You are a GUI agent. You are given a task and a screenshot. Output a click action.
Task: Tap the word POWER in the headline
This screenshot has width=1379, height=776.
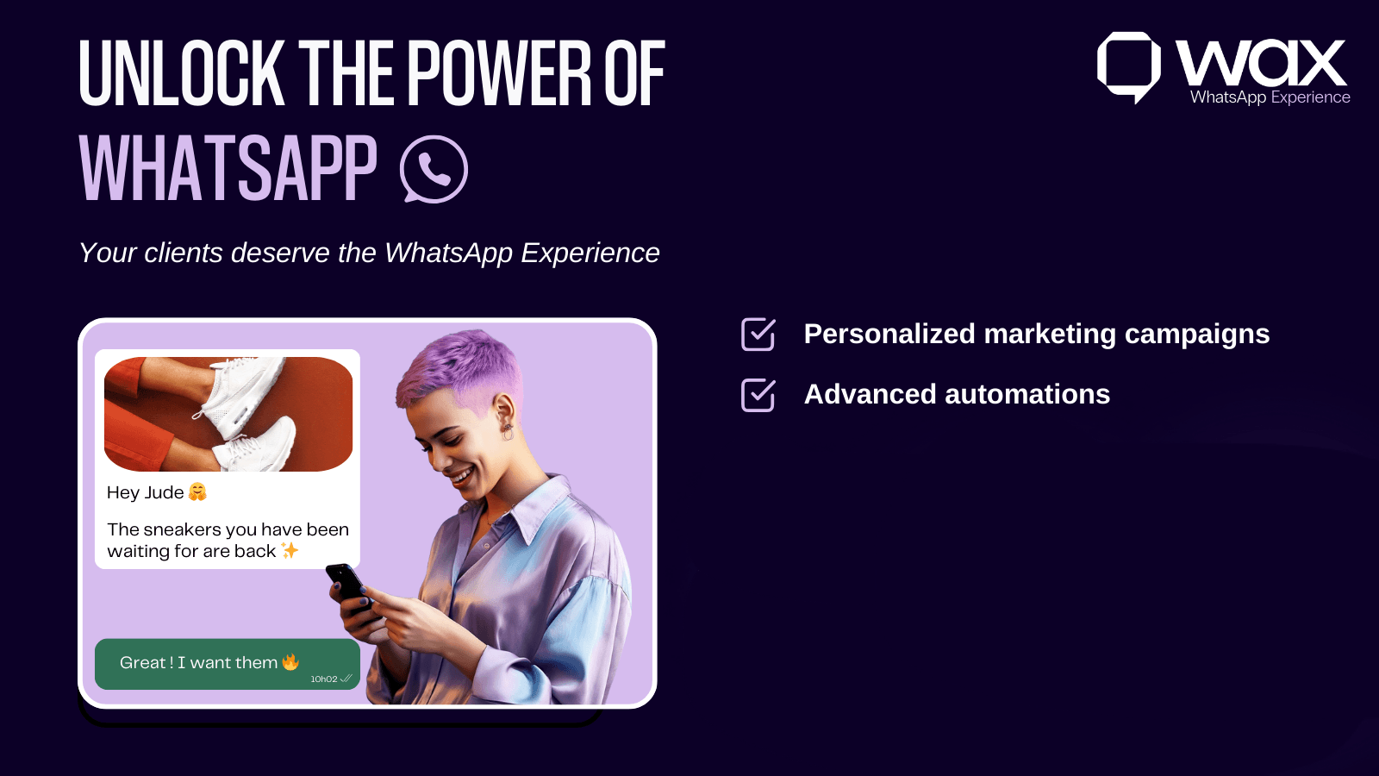[499, 74]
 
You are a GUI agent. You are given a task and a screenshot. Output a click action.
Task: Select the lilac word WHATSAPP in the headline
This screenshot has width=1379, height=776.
[228, 169]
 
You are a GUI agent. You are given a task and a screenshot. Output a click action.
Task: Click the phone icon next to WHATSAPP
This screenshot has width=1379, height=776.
[434, 169]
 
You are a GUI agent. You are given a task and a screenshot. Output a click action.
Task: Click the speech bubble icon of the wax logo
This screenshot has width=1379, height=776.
[1127, 66]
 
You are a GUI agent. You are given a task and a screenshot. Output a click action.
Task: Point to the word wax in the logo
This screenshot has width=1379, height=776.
[1261, 63]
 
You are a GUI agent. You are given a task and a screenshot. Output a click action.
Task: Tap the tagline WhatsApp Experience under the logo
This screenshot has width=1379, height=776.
[1270, 97]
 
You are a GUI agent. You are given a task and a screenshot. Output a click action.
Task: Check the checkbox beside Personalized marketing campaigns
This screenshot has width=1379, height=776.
[758, 335]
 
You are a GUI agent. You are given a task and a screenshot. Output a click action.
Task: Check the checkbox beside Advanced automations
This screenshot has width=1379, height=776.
[758, 395]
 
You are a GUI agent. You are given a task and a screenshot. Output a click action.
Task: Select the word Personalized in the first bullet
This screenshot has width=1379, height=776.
[889, 334]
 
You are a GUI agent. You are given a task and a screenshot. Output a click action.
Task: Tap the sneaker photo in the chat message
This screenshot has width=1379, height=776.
[228, 414]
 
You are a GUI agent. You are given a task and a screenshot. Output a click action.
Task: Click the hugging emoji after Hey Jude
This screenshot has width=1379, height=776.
[197, 492]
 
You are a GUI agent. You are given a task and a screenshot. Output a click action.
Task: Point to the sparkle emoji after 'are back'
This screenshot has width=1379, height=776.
[290, 550]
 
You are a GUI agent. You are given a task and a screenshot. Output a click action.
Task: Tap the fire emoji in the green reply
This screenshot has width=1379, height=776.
[290, 662]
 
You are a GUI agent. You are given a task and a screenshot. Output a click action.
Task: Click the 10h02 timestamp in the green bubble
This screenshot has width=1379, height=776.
[324, 679]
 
